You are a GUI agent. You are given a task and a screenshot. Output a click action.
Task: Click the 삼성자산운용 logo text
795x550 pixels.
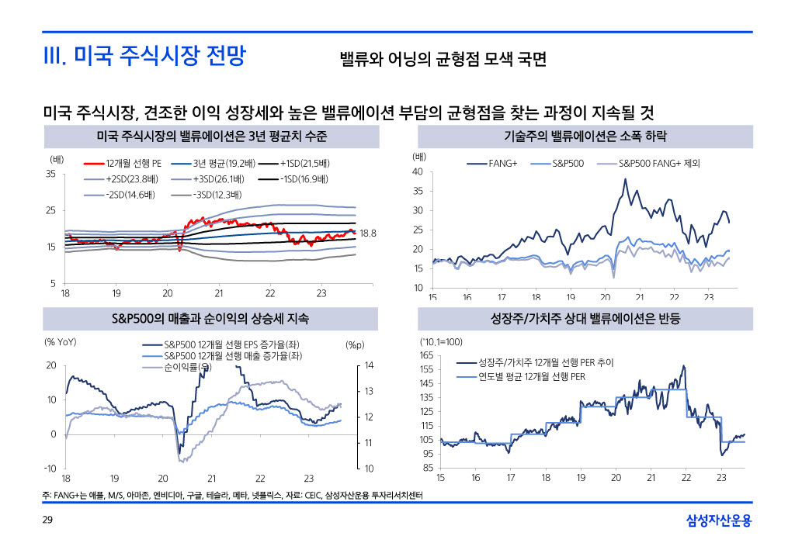click(x=719, y=521)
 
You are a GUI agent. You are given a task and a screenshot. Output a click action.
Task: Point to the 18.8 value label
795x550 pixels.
click(x=369, y=233)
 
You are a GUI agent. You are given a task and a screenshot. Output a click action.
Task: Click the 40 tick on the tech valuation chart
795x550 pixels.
click(x=418, y=171)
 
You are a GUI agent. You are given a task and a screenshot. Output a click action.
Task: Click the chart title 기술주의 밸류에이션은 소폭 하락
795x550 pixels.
click(x=585, y=137)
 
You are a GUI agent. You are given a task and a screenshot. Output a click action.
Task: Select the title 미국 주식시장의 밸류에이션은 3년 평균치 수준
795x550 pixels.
click(x=211, y=137)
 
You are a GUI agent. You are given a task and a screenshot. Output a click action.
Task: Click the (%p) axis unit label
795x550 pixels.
click(x=354, y=345)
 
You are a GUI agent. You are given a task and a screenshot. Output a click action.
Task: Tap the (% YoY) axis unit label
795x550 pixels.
click(x=61, y=341)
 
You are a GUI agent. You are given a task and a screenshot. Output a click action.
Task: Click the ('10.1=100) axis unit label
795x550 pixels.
click(x=440, y=341)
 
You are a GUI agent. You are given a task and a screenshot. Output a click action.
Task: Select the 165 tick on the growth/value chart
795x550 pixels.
click(x=426, y=355)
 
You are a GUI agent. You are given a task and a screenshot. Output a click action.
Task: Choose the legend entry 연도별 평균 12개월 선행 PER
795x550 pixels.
click(x=532, y=377)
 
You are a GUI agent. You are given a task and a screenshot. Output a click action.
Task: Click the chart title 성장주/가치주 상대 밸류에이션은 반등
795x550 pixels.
click(x=585, y=318)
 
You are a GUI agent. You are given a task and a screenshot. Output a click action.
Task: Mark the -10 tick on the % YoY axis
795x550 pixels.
click(x=50, y=469)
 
